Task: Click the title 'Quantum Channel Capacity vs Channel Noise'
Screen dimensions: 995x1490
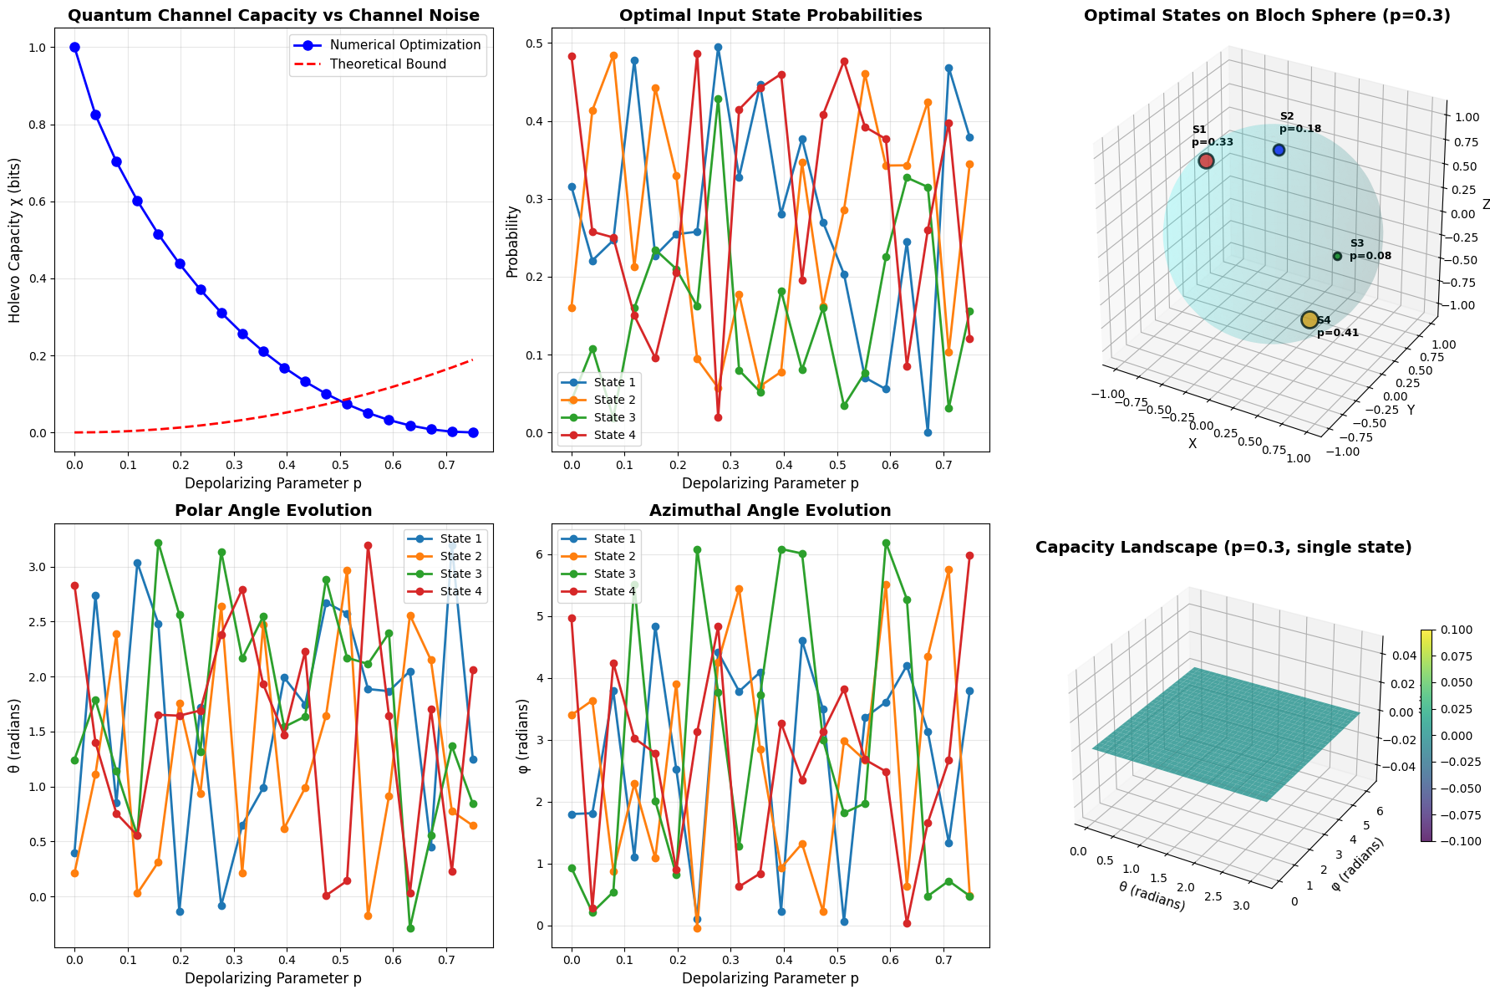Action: click(273, 16)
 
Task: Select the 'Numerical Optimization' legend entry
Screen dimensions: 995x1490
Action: click(405, 45)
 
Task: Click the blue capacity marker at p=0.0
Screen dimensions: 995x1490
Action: click(75, 48)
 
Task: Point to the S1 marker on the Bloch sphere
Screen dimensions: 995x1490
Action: click(1206, 161)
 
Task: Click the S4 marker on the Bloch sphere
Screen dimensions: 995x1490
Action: click(1309, 319)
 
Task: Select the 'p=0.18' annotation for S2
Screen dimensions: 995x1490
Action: click(1300, 130)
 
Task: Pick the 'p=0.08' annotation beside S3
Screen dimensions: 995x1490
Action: click(1370, 256)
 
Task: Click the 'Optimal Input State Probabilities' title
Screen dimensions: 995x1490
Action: click(770, 16)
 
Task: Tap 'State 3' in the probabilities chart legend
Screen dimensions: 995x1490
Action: click(614, 417)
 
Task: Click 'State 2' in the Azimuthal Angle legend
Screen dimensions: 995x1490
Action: click(614, 557)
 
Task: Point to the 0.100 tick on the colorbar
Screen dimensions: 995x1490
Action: click(1459, 630)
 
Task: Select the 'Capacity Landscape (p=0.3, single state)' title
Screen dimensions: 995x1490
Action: click(1223, 548)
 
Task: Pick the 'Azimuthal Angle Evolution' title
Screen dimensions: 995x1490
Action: click(770, 511)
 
